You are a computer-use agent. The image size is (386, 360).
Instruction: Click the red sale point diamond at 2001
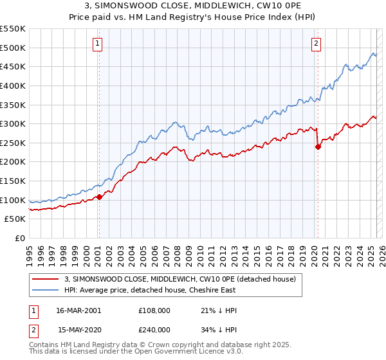[x=99, y=197]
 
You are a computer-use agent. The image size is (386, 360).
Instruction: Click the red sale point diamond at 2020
[x=318, y=147]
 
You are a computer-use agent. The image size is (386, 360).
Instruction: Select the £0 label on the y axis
[x=20, y=238]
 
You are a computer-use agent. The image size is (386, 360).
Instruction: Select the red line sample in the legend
[x=46, y=279]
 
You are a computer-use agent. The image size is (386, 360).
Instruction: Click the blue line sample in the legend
[x=46, y=290]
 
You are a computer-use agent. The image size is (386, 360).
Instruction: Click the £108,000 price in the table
[x=154, y=310]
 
